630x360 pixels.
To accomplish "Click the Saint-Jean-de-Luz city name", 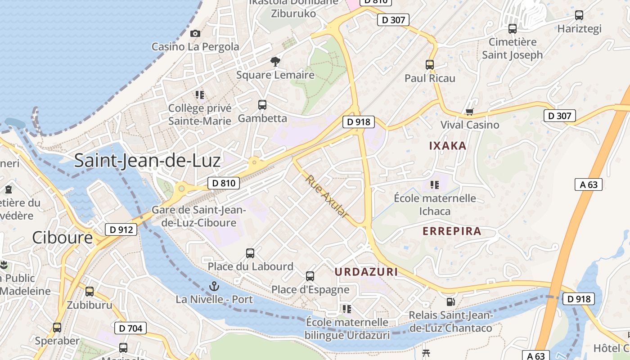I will [147, 161].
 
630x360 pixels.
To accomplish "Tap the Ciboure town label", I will [62, 238].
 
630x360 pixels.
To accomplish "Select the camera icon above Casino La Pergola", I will [195, 33].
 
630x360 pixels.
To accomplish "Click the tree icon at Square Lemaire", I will [275, 62].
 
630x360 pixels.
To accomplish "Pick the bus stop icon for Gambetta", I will [262, 105].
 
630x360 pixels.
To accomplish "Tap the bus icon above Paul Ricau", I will [430, 65].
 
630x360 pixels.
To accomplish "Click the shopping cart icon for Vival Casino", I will [470, 112].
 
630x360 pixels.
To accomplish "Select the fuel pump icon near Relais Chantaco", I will [450, 302].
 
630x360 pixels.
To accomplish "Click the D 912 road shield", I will [121, 229].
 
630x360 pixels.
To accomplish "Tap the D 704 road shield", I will [131, 328].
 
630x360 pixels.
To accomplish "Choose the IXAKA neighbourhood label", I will [447, 146].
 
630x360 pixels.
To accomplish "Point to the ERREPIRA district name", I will [452, 231].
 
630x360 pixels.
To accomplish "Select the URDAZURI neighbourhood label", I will [366, 272].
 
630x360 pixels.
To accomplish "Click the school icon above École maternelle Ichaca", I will [434, 184].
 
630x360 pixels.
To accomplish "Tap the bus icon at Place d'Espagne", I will [310, 276].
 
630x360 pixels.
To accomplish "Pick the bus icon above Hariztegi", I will [579, 15].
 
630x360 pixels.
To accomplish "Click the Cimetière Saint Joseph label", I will [513, 49].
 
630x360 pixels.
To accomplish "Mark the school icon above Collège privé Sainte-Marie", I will [200, 95].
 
